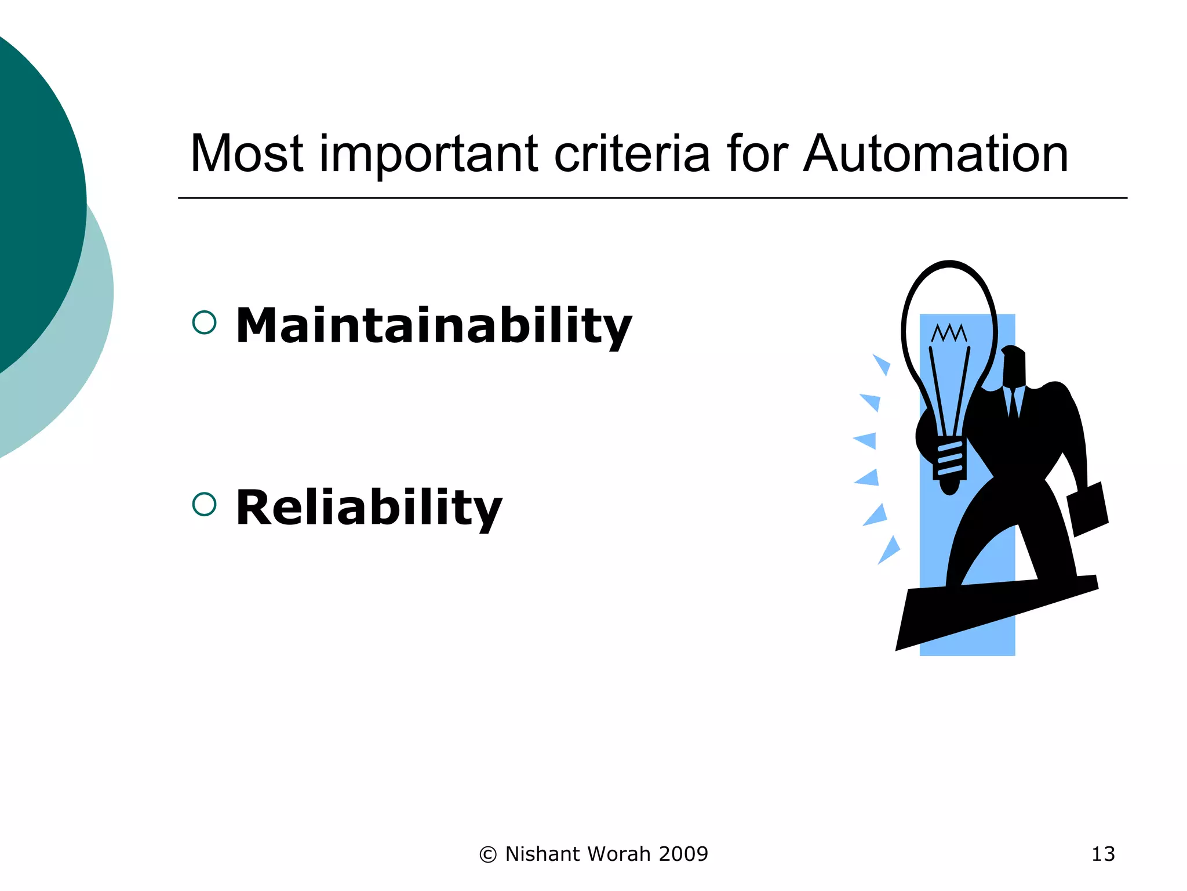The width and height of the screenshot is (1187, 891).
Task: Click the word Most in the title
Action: [246, 154]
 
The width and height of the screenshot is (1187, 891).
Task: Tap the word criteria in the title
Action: [631, 154]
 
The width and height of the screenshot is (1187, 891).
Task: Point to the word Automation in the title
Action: [935, 154]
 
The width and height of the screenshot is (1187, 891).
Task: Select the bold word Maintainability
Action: [434, 326]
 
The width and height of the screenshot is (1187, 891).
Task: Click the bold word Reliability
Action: [369, 508]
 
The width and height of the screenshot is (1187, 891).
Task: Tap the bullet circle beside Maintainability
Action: [204, 323]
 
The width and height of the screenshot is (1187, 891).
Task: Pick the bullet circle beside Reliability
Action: [204, 504]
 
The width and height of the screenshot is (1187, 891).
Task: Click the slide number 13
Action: [1102, 854]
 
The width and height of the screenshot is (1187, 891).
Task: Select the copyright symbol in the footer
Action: [488, 854]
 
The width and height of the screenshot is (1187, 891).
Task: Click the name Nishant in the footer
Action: [542, 854]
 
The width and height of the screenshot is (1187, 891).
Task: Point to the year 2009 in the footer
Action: [683, 854]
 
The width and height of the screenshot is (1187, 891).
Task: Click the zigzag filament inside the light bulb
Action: [949, 333]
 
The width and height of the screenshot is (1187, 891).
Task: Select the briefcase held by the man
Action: [1087, 509]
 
